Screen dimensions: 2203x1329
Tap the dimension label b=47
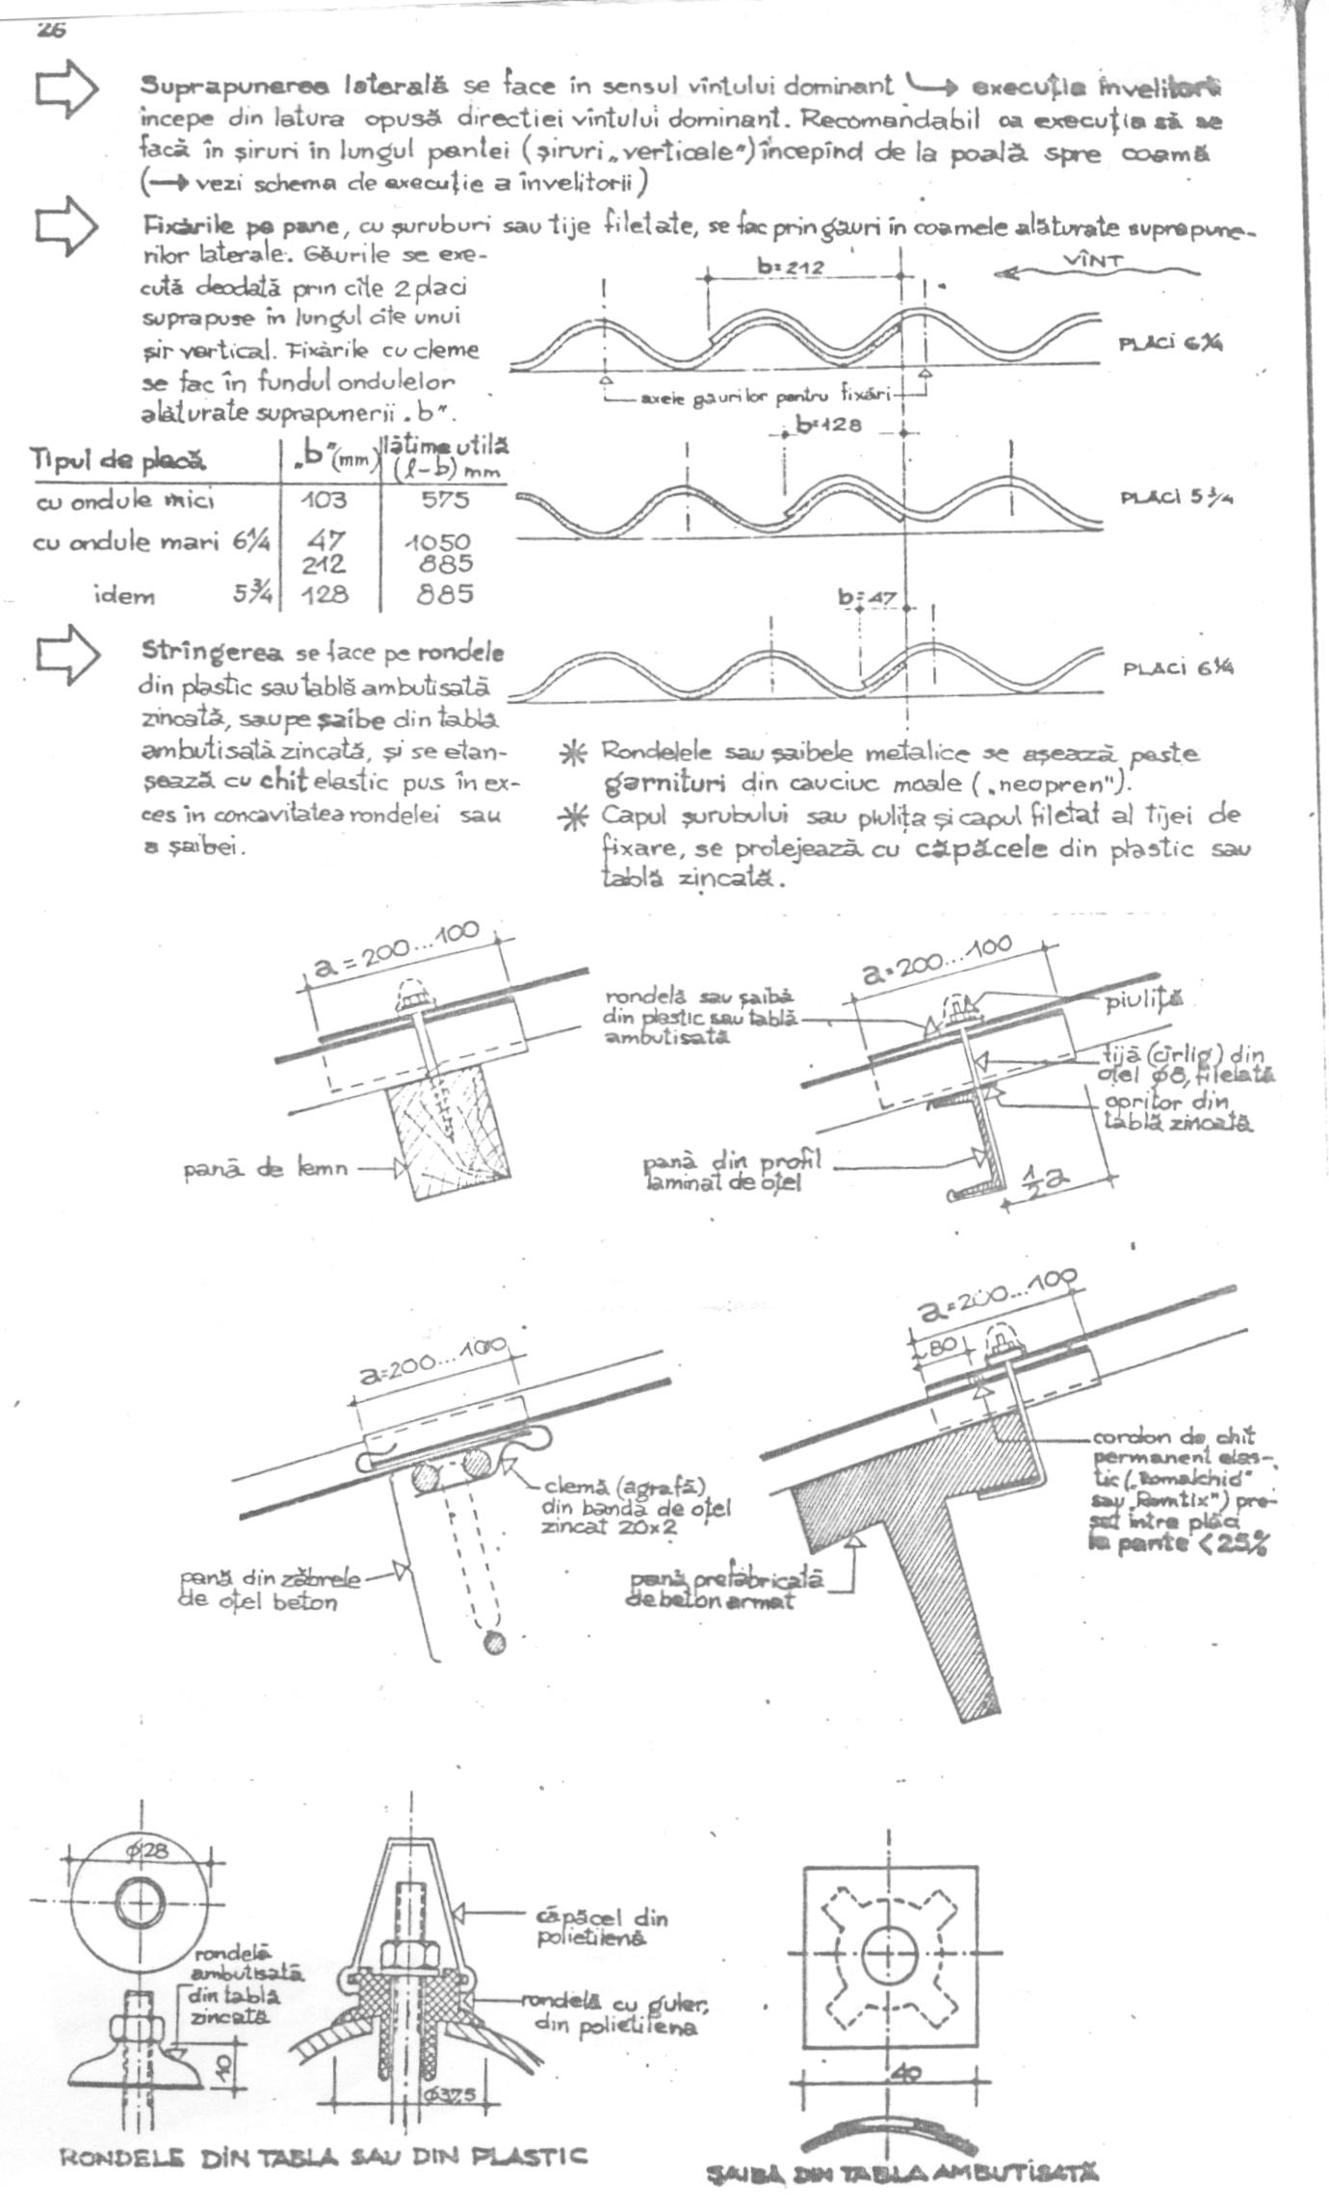tap(867, 599)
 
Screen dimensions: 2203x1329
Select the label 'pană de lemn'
tap(266, 1170)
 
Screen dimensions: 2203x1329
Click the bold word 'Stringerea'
tap(213, 652)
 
